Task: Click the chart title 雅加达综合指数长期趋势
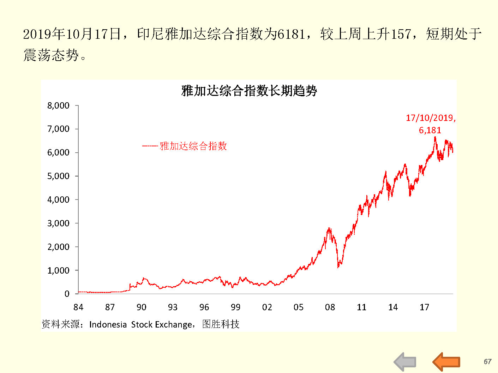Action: point(249,91)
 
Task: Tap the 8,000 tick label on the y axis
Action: point(58,105)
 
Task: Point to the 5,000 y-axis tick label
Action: point(58,176)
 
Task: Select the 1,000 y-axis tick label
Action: point(58,270)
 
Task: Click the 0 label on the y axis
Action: point(67,294)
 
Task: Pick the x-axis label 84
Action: point(78,307)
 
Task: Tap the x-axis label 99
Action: point(235,307)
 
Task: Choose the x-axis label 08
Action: point(330,307)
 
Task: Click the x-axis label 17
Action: point(424,307)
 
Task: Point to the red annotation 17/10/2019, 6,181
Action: point(430,124)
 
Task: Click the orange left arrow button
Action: point(446,361)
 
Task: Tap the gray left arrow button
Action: point(405,362)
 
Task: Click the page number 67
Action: point(487,362)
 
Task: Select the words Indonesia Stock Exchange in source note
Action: point(140,324)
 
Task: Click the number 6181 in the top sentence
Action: point(291,34)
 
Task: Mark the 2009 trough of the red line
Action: point(338,267)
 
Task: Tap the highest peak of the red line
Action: point(435,137)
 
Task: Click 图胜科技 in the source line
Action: point(221,324)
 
